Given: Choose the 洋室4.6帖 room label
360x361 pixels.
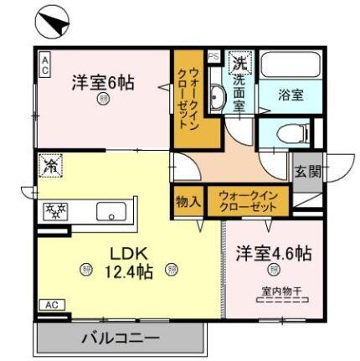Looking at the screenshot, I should [272, 252].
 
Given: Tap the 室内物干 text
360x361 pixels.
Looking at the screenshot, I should [273, 292].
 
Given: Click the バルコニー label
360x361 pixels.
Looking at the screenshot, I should [120, 339].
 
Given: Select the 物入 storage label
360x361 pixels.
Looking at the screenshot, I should [188, 202].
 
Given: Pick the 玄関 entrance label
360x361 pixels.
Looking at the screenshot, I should [306, 172].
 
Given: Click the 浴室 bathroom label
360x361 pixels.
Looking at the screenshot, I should [291, 95].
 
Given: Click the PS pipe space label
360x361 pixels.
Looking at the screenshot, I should [213, 57].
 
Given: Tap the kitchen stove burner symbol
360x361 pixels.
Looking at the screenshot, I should [56, 210].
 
